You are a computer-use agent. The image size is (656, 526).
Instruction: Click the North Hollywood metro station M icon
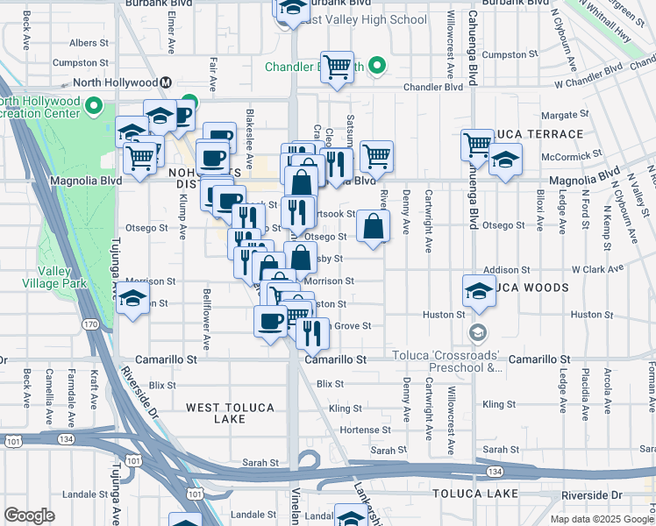[164, 82]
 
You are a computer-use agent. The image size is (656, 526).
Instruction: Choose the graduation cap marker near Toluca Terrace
[505, 160]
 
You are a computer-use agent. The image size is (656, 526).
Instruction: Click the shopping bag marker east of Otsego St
[374, 226]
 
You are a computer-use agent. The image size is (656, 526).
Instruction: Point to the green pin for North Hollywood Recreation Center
[96, 109]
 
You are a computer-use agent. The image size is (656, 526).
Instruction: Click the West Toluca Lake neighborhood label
[231, 413]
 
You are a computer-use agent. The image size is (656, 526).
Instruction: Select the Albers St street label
[89, 42]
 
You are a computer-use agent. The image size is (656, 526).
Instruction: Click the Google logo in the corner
[29, 515]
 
